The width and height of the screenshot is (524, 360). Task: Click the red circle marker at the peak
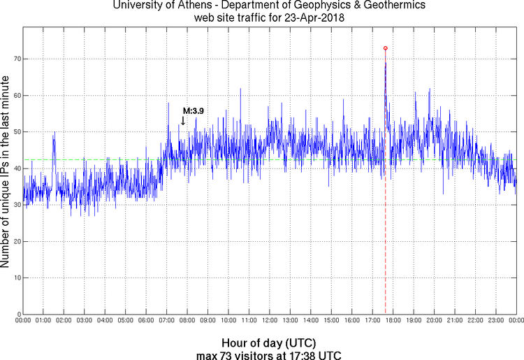[385, 48]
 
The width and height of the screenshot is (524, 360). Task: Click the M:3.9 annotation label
[193, 110]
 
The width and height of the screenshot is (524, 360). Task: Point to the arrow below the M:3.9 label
[183, 120]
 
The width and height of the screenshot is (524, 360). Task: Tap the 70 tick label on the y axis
[14, 59]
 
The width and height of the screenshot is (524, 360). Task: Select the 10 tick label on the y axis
[14, 278]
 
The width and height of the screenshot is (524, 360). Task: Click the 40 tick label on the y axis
[14, 168]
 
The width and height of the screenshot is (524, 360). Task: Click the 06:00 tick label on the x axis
[146, 320]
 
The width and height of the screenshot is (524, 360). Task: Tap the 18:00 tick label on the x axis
[393, 320]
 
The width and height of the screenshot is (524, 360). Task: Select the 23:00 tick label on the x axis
[496, 320]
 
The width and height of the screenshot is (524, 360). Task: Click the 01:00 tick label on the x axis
[43, 320]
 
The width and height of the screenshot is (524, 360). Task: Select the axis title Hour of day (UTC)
[269, 343]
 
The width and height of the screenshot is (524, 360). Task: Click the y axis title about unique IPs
[6, 171]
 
